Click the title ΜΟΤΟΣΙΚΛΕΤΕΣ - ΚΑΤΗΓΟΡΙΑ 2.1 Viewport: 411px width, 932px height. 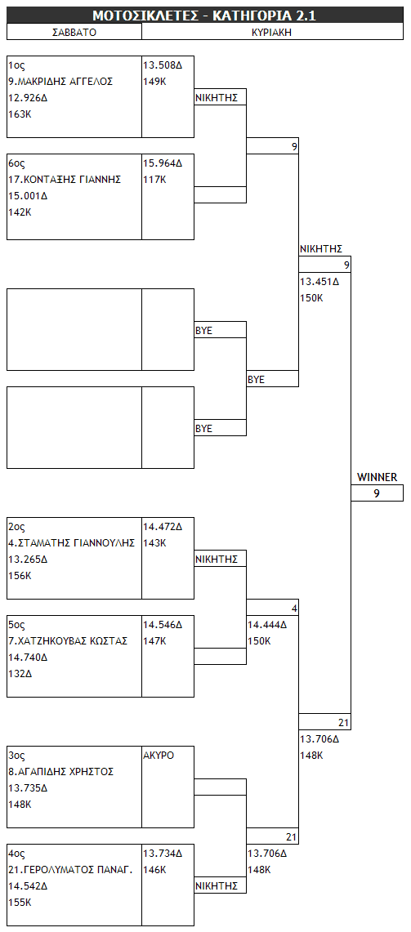pyautogui.click(x=204, y=16)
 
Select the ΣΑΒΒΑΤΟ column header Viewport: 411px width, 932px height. pyautogui.click(x=74, y=33)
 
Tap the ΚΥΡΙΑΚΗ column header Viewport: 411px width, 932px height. pyautogui.click(x=272, y=33)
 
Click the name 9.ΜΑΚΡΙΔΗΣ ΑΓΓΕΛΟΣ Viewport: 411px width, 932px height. pyautogui.click(x=60, y=82)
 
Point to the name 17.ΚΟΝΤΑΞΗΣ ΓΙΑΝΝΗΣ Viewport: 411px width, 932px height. pyautogui.click(x=65, y=180)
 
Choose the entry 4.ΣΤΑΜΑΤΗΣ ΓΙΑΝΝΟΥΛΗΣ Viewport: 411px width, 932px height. pyautogui.click(x=71, y=542)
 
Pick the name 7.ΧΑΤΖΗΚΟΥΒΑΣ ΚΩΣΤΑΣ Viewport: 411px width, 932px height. pyautogui.click(x=68, y=640)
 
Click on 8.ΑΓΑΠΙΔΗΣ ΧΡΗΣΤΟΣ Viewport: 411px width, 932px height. pyautogui.click(x=60, y=772)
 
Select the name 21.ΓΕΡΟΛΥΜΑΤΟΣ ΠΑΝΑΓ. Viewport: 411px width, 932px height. pyautogui.click(x=70, y=870)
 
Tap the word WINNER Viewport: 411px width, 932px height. pyautogui.click(x=377, y=477)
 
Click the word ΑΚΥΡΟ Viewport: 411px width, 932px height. pyautogui.click(x=159, y=756)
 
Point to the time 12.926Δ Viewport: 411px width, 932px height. pyautogui.click(x=28, y=98)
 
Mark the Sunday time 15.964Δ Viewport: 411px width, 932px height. pyautogui.click(x=163, y=163)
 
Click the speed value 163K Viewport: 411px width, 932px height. pyautogui.click(x=20, y=114)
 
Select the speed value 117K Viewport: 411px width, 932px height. pyautogui.click(x=154, y=180)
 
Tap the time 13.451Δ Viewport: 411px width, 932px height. pyautogui.click(x=319, y=282)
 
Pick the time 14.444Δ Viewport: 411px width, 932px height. pyautogui.click(x=267, y=625)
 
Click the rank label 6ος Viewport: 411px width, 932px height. pyautogui.click(x=16, y=163)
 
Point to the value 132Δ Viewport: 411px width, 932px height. pyautogui.click(x=20, y=673)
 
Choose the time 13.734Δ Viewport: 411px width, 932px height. pyautogui.click(x=163, y=854)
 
